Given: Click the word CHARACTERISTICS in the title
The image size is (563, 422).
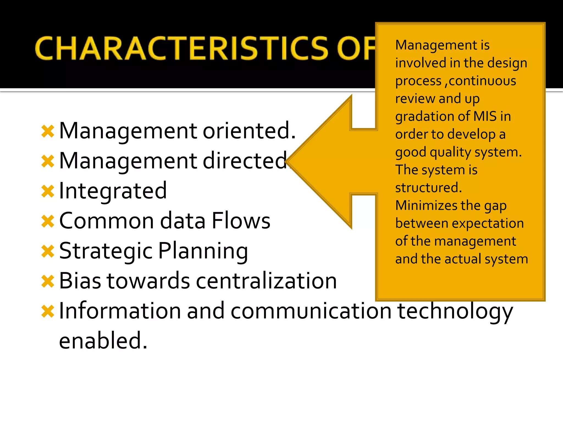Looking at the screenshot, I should tap(181, 48).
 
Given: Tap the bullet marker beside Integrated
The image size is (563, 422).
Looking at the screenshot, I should tap(48, 191).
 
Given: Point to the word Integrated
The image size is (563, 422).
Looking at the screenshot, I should tap(113, 191).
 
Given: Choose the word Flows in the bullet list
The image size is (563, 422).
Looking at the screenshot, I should tap(241, 221).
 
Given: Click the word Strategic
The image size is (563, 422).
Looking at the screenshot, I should tap(106, 251).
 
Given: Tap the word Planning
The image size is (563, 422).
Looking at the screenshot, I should tap(203, 251).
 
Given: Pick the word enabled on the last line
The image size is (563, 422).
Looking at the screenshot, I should tap(103, 341).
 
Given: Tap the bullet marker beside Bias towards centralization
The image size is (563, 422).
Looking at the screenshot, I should tap(48, 281).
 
